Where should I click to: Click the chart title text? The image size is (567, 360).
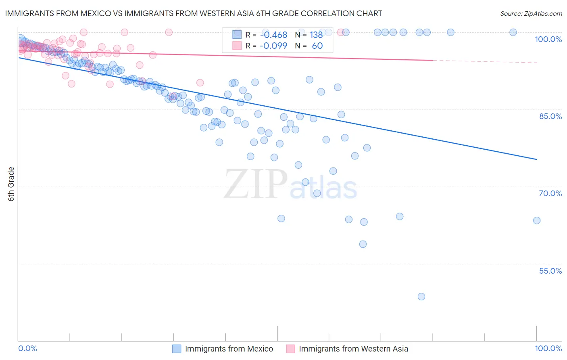point(194,13)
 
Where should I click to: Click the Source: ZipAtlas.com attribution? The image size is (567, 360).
point(531,13)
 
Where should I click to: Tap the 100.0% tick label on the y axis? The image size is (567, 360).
point(548,39)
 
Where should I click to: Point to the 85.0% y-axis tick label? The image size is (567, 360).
point(550,116)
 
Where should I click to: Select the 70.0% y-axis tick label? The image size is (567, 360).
point(550,193)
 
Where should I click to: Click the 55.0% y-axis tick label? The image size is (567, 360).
point(550,271)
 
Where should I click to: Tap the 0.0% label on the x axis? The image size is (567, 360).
point(28,348)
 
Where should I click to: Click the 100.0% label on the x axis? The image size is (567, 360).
point(548,348)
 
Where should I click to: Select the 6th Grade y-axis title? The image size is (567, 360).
point(11,184)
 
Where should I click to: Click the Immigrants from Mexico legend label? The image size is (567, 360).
point(229,349)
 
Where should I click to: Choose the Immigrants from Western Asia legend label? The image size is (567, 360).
point(353,349)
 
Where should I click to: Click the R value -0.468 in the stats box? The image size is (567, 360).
point(273,35)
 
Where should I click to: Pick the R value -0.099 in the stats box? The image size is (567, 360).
point(273,46)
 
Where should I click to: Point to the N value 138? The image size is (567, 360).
point(316,35)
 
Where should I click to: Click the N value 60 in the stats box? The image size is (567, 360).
point(317,46)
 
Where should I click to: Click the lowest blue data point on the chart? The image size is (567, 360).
point(421,297)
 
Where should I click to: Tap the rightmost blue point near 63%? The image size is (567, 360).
point(537,220)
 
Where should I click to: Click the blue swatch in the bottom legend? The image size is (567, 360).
point(177,349)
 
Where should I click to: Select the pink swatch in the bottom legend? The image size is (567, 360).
point(290,349)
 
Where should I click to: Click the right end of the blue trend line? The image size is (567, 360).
point(537,159)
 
